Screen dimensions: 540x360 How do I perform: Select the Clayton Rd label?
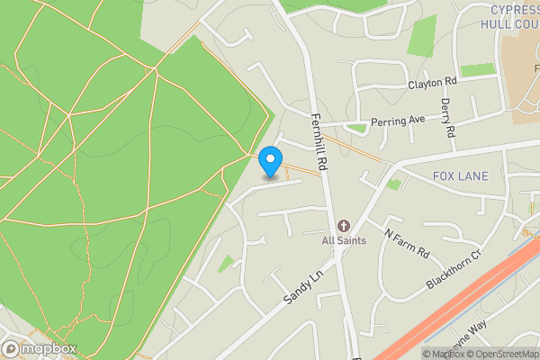(x=432, y=82)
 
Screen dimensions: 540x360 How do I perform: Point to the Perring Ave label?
(x=397, y=120)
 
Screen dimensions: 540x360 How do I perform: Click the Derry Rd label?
(x=447, y=116)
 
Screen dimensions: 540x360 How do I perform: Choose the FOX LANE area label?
(x=460, y=175)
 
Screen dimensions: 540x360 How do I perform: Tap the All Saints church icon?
(x=343, y=226)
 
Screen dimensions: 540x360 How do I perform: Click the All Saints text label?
(x=343, y=241)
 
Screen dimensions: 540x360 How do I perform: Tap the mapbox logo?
(x=40, y=348)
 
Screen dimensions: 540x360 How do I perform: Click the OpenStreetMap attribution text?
(x=499, y=354)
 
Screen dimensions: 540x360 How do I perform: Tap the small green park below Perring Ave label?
(x=358, y=129)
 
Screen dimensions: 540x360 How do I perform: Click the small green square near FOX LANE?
(x=393, y=184)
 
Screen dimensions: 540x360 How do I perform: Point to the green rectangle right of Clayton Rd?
(x=477, y=69)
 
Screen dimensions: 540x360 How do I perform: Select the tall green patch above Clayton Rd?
(x=420, y=35)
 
